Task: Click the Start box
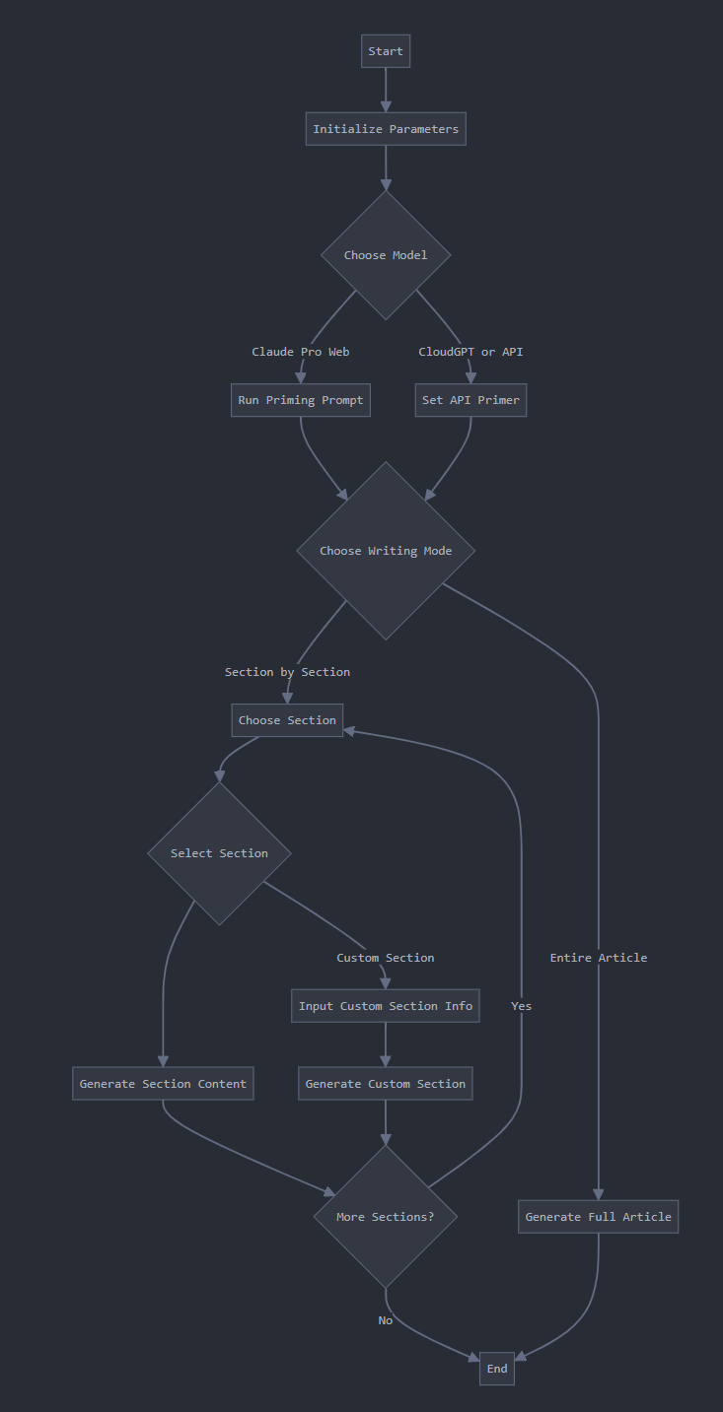coord(386,51)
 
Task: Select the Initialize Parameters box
coord(386,129)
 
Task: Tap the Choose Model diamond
coord(386,255)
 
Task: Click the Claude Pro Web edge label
coord(301,352)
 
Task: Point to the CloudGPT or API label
coord(470,352)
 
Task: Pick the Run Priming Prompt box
coord(301,400)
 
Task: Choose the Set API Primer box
coord(470,400)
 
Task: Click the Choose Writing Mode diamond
coord(386,551)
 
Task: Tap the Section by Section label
coord(287,672)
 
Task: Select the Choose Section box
coord(287,720)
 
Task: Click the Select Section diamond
coord(219,853)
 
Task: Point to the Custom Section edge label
coord(386,958)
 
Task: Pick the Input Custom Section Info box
coord(386,1006)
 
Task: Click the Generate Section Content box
coord(163,1084)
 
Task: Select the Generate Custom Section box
coord(386,1084)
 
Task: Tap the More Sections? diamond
coord(386,1217)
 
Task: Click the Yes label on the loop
coord(521,1006)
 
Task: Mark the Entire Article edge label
coord(599,958)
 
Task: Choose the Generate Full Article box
coord(599,1217)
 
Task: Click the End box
coord(497,1369)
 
